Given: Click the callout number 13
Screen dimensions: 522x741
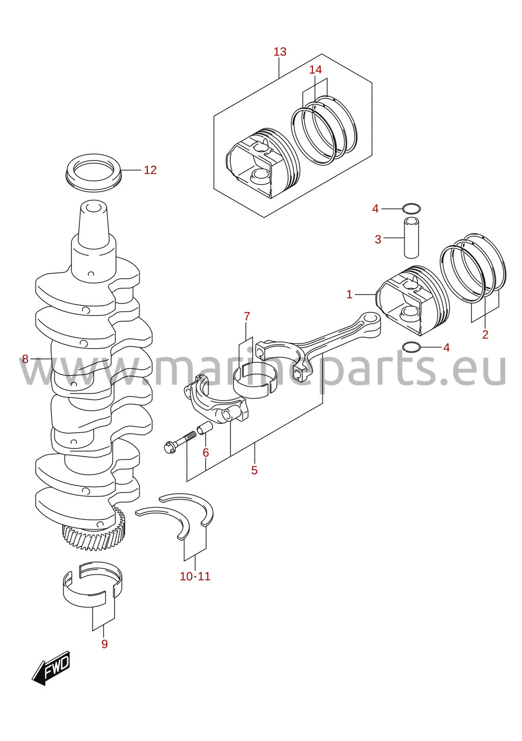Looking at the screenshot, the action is [x=279, y=52].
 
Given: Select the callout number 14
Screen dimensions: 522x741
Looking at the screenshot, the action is [x=315, y=70].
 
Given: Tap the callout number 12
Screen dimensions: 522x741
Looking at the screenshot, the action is [x=150, y=170].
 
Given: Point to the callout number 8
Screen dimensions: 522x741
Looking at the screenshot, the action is [x=25, y=358].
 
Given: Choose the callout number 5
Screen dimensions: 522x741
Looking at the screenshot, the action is [x=254, y=470].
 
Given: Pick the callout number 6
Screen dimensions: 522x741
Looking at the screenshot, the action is [x=206, y=453].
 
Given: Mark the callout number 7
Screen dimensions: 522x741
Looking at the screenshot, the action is [x=247, y=316].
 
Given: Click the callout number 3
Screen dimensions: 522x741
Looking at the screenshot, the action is [x=378, y=240].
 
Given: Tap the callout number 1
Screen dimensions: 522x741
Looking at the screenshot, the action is [x=349, y=294].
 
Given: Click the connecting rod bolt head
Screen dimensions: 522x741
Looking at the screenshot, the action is [x=169, y=448].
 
